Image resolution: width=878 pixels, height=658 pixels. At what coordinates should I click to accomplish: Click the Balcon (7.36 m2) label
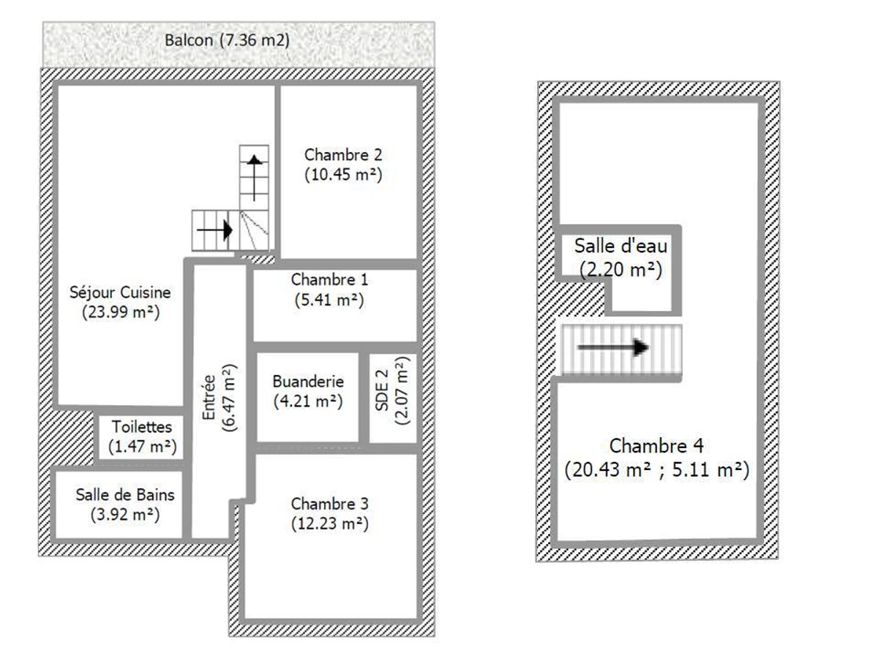(227, 41)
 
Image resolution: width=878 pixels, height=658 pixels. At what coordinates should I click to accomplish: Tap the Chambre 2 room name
(343, 155)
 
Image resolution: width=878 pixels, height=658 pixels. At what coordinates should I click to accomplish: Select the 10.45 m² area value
(343, 175)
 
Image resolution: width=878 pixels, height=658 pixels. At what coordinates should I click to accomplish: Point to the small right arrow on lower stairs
(214, 230)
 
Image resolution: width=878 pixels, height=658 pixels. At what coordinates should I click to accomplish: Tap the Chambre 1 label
(329, 279)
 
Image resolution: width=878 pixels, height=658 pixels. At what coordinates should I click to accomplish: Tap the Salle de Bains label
(125, 494)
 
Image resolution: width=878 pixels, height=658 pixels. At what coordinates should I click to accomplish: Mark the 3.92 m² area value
(125, 513)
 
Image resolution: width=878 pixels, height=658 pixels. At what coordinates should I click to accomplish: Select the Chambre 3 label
(329, 504)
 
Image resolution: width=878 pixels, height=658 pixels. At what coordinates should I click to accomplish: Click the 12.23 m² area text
(329, 523)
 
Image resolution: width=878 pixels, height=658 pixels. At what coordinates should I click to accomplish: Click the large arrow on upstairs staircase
(613, 348)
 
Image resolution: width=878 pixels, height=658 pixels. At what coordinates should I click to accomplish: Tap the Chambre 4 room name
(656, 445)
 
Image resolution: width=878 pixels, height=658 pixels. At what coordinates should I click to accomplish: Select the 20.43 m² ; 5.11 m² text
(656, 470)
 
